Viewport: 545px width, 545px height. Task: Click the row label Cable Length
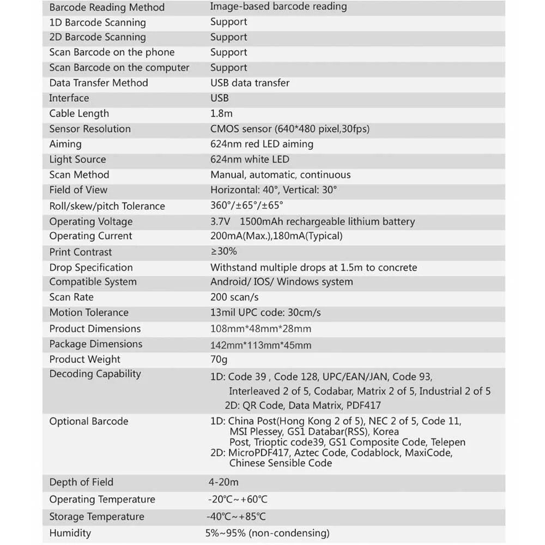[x=79, y=113]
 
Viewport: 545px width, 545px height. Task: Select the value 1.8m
[x=221, y=113]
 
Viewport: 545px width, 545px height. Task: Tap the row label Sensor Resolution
[x=90, y=129]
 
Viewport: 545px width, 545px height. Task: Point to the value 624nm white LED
[x=250, y=159]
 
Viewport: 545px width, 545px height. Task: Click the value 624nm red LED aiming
[x=262, y=144]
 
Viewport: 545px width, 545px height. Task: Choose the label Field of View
[x=78, y=190]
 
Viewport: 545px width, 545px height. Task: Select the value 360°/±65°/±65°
[x=247, y=205]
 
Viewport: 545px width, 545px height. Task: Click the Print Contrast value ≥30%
[x=223, y=251]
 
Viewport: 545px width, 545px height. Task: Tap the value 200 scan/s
[x=234, y=297]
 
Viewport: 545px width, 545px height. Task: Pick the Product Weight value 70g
[x=219, y=359]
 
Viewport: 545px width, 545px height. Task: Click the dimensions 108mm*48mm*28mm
[x=261, y=329]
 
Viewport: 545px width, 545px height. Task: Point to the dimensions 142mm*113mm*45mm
[x=261, y=345]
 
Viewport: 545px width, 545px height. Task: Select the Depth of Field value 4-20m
[x=223, y=482]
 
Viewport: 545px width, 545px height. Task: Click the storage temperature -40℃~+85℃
[x=237, y=517]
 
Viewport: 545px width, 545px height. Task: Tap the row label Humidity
[x=70, y=532]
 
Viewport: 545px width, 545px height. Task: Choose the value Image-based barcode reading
[x=278, y=7]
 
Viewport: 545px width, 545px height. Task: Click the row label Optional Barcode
[x=89, y=421]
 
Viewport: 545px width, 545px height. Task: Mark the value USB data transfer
[x=250, y=83]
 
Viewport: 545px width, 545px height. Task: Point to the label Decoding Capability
[x=95, y=374]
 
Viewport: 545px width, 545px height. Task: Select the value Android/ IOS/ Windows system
[x=281, y=282]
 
